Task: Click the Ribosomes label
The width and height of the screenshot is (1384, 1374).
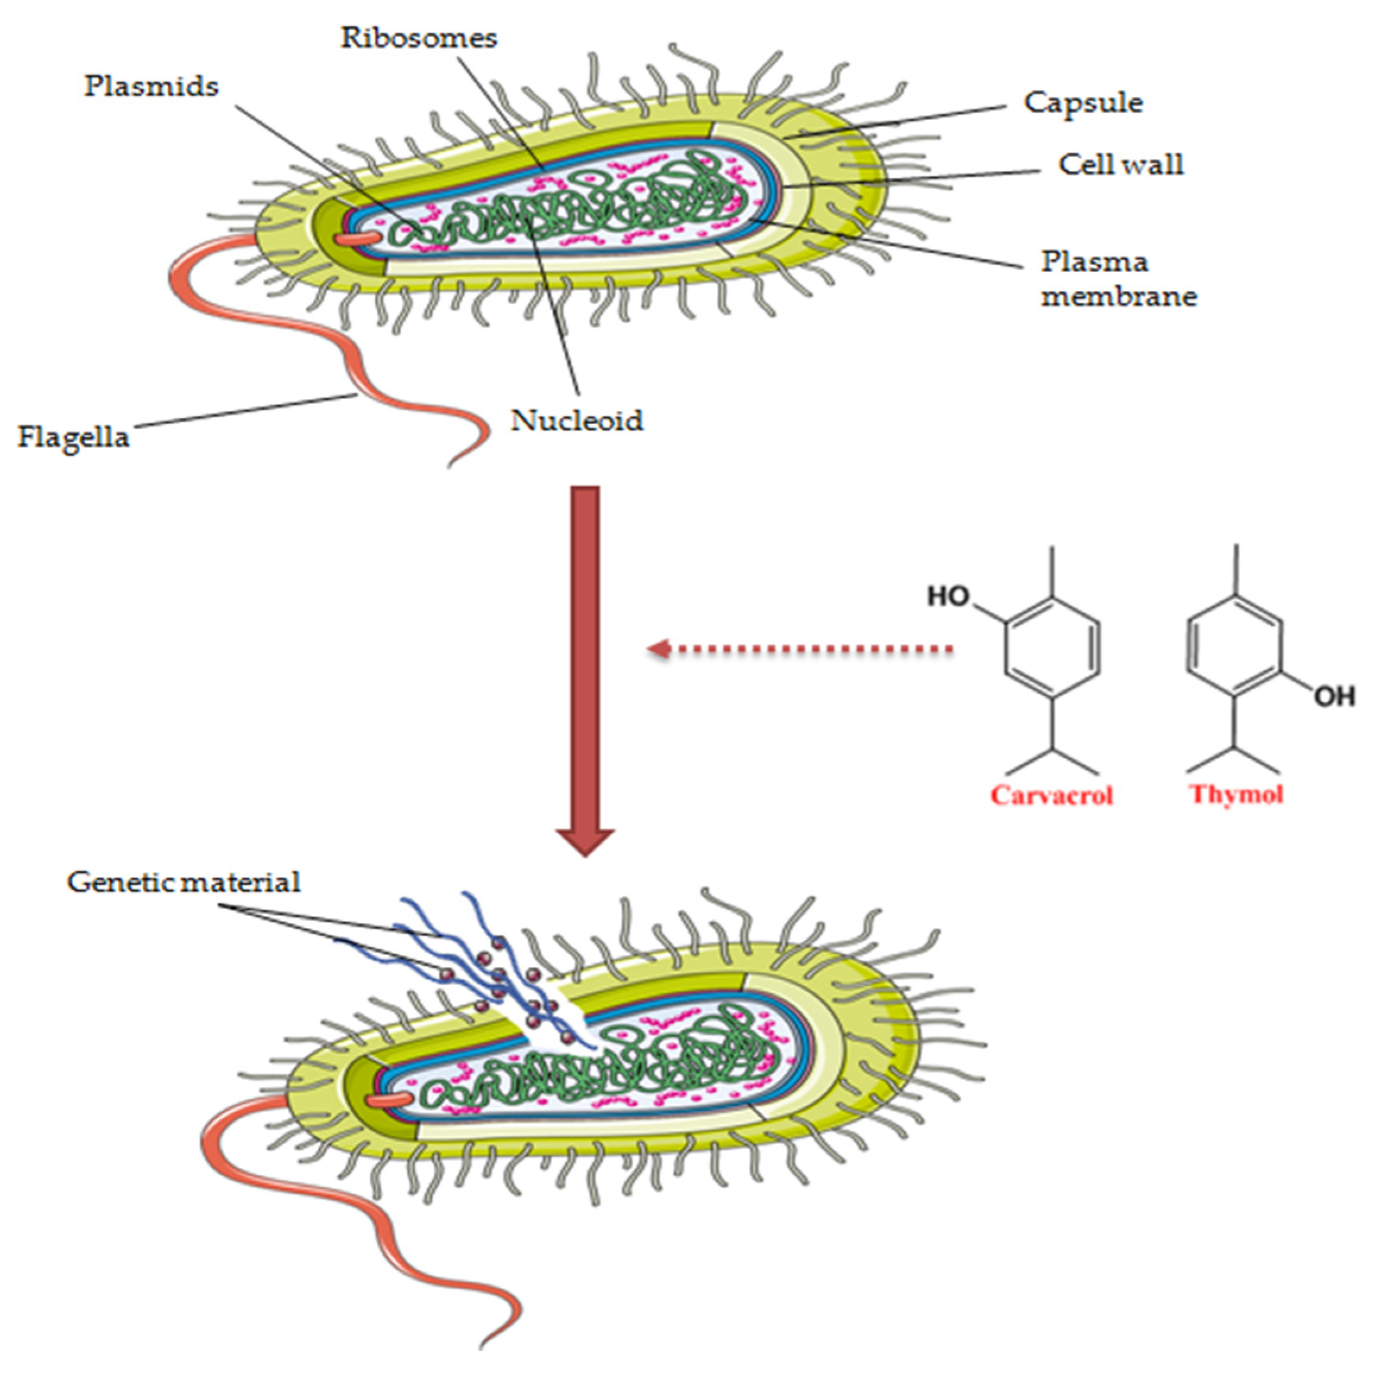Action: [x=418, y=38]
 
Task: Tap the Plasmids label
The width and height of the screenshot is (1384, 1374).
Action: [x=151, y=87]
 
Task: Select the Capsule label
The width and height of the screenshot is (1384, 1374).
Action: [x=1082, y=102]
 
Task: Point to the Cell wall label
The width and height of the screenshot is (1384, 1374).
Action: [x=1120, y=165]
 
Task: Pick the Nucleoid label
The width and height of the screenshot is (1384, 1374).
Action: [x=577, y=421]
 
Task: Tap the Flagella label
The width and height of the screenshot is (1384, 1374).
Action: [x=73, y=436]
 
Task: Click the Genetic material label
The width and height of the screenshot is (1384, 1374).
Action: [x=184, y=882]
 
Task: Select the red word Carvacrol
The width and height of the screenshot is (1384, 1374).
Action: [x=1051, y=795]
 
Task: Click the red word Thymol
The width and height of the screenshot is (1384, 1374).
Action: [x=1236, y=794]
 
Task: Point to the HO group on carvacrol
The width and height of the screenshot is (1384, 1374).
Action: [x=949, y=596]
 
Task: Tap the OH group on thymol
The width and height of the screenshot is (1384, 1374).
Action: [x=1335, y=696]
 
